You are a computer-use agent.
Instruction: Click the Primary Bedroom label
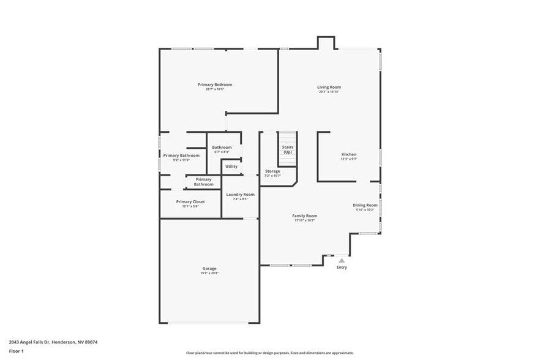pyautogui.click(x=215, y=84)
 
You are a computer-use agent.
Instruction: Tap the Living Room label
pyautogui.click(x=329, y=87)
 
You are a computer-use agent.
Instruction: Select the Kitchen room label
pyautogui.click(x=348, y=154)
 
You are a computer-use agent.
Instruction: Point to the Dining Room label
pyautogui.click(x=365, y=205)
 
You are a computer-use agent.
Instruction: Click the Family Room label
pyautogui.click(x=304, y=216)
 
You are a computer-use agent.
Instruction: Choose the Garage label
pyautogui.click(x=209, y=268)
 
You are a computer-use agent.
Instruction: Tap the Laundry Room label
pyautogui.click(x=240, y=194)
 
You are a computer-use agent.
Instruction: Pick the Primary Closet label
pyautogui.click(x=190, y=201)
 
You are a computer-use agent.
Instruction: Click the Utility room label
pyautogui.click(x=231, y=167)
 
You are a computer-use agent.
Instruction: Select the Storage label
pyautogui.click(x=272, y=171)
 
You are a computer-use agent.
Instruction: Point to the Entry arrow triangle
pyautogui.click(x=342, y=260)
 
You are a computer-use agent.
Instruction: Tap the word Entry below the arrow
pyautogui.click(x=342, y=267)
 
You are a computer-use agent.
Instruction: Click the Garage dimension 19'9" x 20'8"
pyautogui.click(x=209, y=273)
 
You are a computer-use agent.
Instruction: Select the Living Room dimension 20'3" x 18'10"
pyautogui.click(x=329, y=92)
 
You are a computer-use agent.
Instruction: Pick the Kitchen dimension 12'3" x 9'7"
pyautogui.click(x=348, y=159)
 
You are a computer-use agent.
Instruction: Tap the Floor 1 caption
pyautogui.click(x=17, y=351)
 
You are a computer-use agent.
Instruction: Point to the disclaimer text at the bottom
pyautogui.click(x=269, y=353)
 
